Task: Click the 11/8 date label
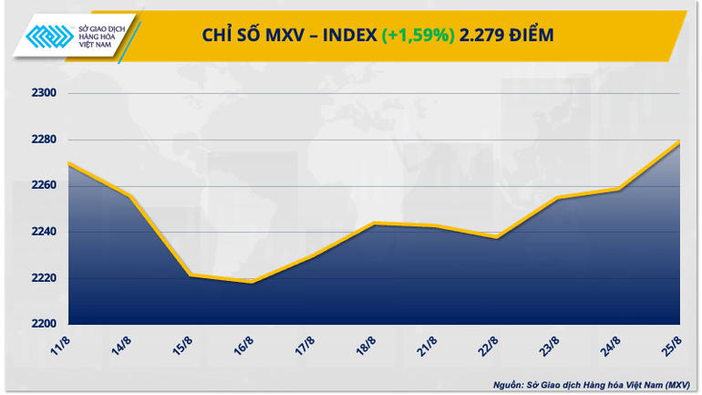click(62, 347)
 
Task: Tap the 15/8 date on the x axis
click(184, 347)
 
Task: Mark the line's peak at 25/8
click(679, 141)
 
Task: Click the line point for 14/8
click(129, 196)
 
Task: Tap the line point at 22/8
click(496, 237)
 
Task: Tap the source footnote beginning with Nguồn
click(592, 384)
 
